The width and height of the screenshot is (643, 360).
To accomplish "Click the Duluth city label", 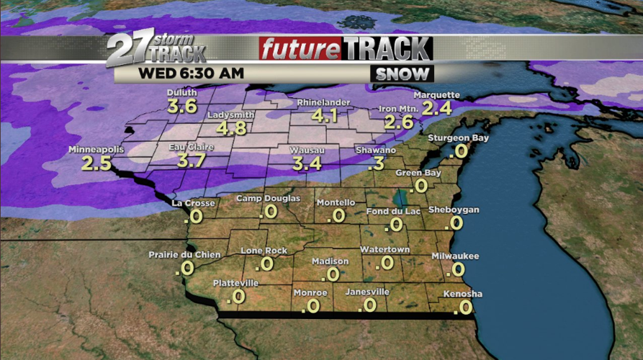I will (x=181, y=93).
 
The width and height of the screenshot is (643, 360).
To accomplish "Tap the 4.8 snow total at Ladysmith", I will (x=230, y=128).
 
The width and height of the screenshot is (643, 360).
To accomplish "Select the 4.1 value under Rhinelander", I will (x=323, y=115).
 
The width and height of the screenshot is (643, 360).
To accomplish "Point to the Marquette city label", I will (x=436, y=95).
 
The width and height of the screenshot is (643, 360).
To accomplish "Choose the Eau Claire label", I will (x=187, y=147).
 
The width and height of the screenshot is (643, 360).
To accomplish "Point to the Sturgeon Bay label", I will (x=459, y=138).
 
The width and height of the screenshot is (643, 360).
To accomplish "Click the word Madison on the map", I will (x=331, y=261).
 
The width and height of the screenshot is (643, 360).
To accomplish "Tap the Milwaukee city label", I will (x=455, y=256).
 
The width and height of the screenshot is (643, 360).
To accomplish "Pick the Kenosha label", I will (x=462, y=294).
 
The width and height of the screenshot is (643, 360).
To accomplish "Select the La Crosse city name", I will (x=193, y=203).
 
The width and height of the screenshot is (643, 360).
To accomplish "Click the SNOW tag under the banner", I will (x=403, y=73).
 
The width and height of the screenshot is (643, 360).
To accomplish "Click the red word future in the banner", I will (x=300, y=50).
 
